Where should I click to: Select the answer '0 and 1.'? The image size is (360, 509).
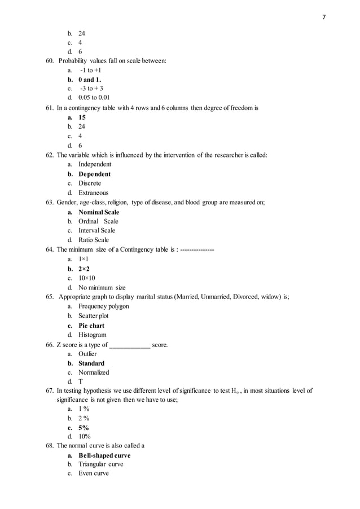point(90,80)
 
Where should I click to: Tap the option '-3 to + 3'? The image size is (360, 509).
point(91,89)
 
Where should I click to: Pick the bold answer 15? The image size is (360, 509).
point(82,117)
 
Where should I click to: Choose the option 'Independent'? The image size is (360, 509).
point(95,164)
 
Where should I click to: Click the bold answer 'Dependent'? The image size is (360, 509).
point(94,174)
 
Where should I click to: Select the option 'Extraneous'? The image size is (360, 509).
point(93,192)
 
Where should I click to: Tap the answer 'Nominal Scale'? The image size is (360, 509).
point(99,212)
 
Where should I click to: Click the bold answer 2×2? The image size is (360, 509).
point(84,269)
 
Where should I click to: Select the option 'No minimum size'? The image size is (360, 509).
point(102,287)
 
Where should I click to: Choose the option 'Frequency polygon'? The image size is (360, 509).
point(104,306)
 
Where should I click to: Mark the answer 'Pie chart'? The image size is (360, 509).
point(91,326)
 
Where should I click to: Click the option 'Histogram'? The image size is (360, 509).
point(93,335)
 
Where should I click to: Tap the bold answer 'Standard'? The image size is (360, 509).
point(91,363)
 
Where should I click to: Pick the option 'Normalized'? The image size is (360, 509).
point(94,372)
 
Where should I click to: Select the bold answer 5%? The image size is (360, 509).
point(84,427)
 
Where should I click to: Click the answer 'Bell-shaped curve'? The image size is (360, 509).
point(104,455)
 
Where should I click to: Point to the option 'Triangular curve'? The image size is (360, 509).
point(100,464)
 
